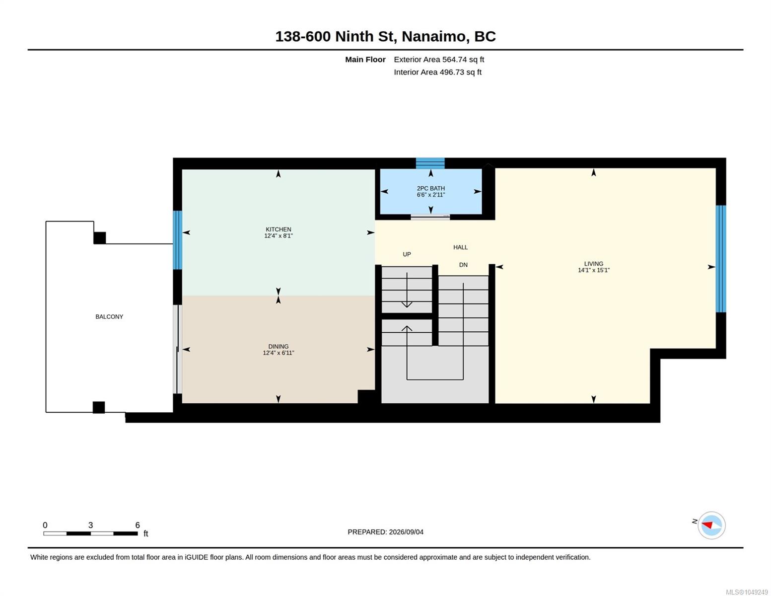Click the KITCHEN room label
278,229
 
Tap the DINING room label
278,346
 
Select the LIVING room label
594,263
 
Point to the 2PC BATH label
431,188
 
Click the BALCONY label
109,317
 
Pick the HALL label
461,247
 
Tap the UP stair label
407,254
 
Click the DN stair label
463,265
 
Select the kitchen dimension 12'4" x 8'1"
278,236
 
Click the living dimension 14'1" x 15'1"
594,270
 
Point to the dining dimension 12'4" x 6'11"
278,353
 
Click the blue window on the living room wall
721,259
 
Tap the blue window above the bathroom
430,163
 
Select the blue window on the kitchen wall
177,240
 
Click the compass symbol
711,525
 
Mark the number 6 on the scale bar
138,525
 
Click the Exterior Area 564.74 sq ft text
439,60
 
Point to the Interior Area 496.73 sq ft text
437,73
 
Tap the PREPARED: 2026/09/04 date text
385,532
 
